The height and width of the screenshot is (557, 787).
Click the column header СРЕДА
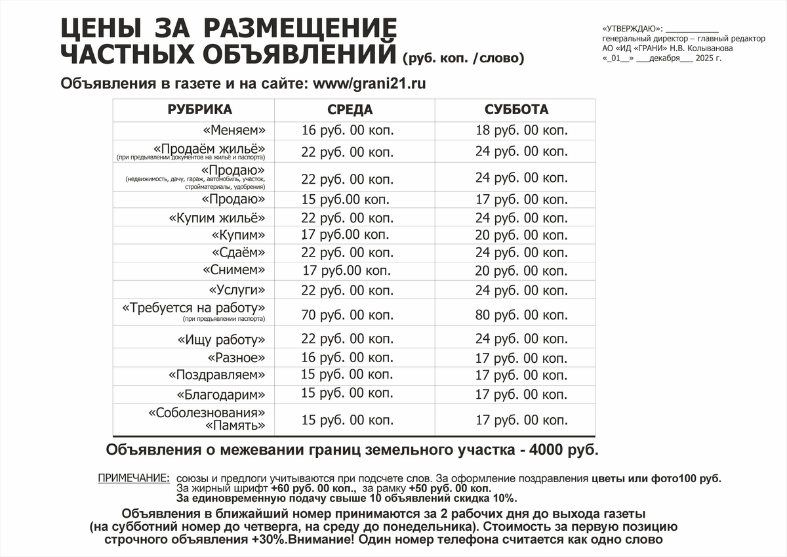click(350, 110)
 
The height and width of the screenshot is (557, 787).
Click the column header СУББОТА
click(516, 110)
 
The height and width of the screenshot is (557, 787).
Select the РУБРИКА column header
click(199, 110)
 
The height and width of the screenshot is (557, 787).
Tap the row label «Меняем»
click(234, 130)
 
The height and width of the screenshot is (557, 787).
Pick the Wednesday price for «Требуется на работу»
click(348, 315)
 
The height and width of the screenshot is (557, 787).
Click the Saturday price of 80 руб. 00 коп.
click(521, 315)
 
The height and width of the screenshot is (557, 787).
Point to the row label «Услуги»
click(237, 290)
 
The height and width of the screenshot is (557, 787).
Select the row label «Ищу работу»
click(221, 340)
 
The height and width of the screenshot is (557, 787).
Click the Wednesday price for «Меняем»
click(348, 131)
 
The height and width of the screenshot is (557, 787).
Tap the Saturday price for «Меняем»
click(521, 131)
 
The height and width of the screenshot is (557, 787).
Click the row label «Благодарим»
click(221, 395)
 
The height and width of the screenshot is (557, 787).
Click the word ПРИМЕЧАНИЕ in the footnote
click(133, 478)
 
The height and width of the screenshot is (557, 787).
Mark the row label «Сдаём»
click(239, 253)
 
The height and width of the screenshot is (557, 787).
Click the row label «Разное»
click(236, 358)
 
